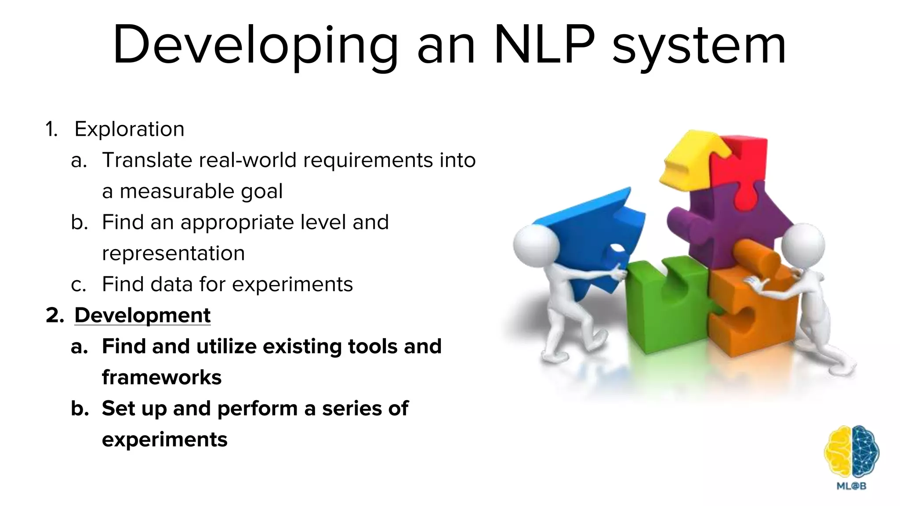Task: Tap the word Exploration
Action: coord(129,129)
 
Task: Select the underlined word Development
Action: coord(142,315)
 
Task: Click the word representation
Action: coord(173,253)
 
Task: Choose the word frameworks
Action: coord(162,377)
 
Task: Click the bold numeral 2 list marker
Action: coord(55,315)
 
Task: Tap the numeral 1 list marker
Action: coord(51,129)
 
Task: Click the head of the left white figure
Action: coord(536,246)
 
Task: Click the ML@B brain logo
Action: coord(851,452)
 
